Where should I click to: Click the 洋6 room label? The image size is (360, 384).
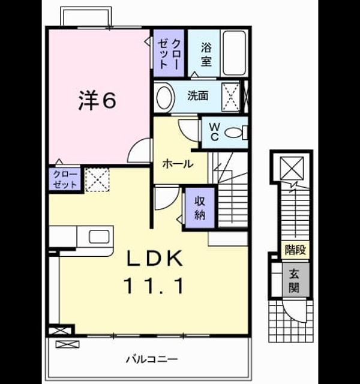pyautogui.click(x=97, y=101)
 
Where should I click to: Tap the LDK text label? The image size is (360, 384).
pyautogui.click(x=154, y=259)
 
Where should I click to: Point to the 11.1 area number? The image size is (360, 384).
pyautogui.click(x=154, y=286)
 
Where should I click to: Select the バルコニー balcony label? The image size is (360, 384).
pyautogui.click(x=152, y=359)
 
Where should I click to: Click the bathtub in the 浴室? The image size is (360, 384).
pyautogui.click(x=235, y=53)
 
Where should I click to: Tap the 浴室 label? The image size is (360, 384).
pyautogui.click(x=206, y=55)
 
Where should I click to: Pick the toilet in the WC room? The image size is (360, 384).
pyautogui.click(x=236, y=133)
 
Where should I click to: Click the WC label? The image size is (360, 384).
pyautogui.click(x=214, y=132)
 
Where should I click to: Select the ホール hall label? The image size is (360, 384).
pyautogui.click(x=178, y=164)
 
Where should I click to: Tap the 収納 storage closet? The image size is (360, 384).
pyautogui.click(x=200, y=208)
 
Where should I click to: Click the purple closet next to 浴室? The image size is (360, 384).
pyautogui.click(x=169, y=53)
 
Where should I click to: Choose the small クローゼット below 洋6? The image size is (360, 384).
pyautogui.click(x=65, y=179)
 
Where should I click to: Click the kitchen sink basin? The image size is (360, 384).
pyautogui.click(x=99, y=236)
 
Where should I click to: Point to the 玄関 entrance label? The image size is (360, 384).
pyautogui.click(x=295, y=280)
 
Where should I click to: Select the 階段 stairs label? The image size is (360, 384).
pyautogui.click(x=295, y=250)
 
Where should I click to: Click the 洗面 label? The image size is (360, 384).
pyautogui.click(x=197, y=96)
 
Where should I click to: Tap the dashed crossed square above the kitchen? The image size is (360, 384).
pyautogui.click(x=97, y=179)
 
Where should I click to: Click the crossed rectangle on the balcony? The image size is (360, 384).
pyautogui.click(x=68, y=344)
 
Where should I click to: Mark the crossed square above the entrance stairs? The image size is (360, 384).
pyautogui.click(x=292, y=168)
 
